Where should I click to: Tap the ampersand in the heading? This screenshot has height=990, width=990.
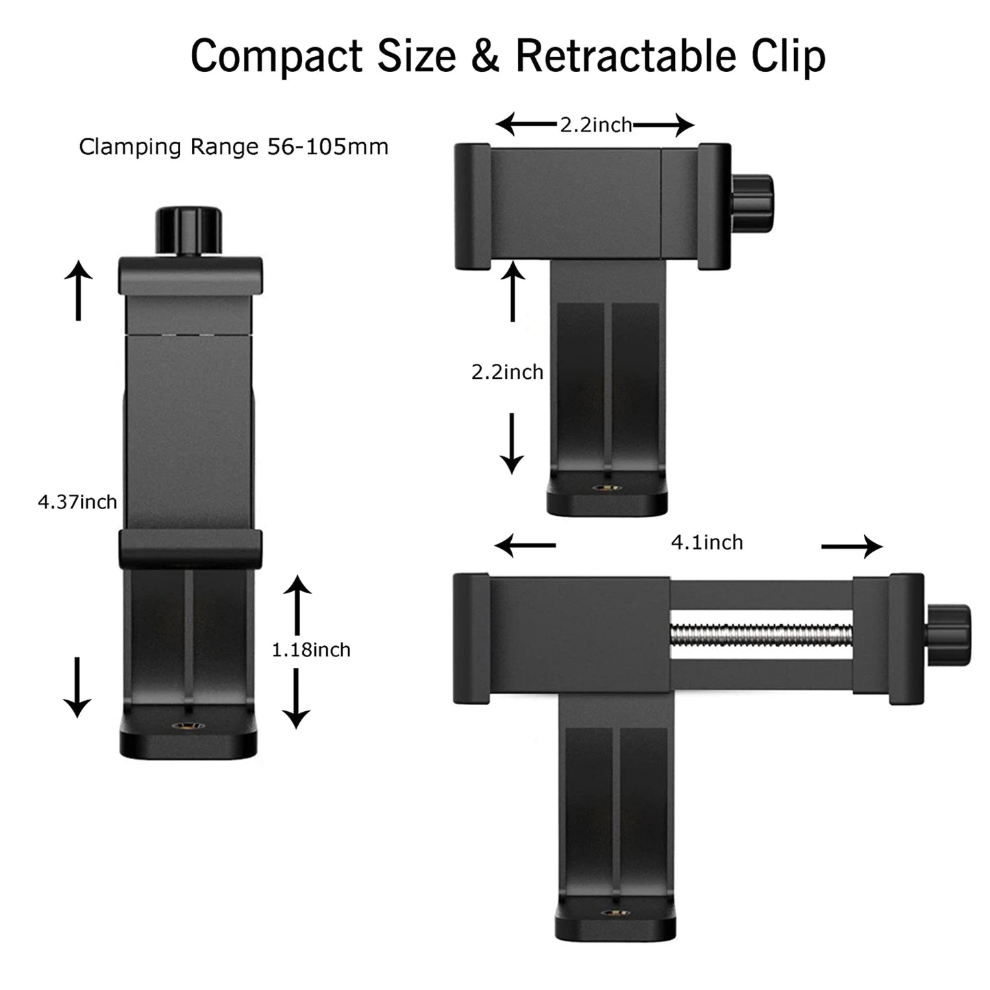pyautogui.click(x=485, y=56)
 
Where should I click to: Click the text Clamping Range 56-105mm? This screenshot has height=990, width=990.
pyautogui.click(x=234, y=147)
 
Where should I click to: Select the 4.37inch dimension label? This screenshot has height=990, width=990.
pyautogui.click(x=77, y=502)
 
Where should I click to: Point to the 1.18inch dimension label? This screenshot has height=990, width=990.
pyautogui.click(x=311, y=649)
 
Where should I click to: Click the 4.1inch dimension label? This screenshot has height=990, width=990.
pyautogui.click(x=707, y=543)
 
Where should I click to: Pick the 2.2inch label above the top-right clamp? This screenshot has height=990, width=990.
pyautogui.click(x=596, y=125)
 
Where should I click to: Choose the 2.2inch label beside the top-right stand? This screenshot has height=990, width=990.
pyautogui.click(x=507, y=372)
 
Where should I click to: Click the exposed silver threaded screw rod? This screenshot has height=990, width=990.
pyautogui.click(x=760, y=635)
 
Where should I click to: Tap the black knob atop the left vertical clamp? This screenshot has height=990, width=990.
pyautogui.click(x=189, y=230)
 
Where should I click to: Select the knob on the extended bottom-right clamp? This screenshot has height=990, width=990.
pyautogui.click(x=949, y=634)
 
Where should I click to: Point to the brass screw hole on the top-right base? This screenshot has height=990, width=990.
pyautogui.click(x=607, y=488)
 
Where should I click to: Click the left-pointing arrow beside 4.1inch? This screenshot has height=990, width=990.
pyautogui.click(x=525, y=546)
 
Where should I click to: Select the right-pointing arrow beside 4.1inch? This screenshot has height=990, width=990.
pyautogui.click(x=852, y=546)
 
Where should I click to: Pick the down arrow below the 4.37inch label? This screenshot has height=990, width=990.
pyautogui.click(x=77, y=687)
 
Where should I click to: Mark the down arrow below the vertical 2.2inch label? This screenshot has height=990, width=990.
pyautogui.click(x=512, y=443)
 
